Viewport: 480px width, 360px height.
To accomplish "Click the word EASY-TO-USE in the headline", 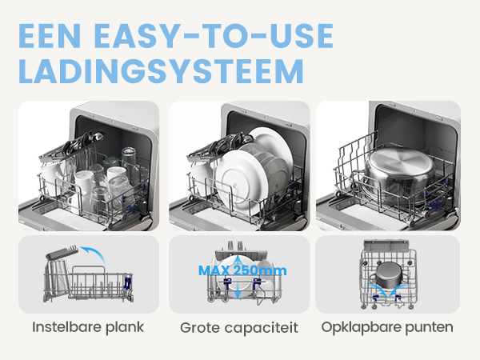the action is click(214, 36).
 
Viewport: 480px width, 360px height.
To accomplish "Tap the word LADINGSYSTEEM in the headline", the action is click(161, 71).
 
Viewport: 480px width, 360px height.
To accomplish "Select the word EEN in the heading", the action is click(50, 36).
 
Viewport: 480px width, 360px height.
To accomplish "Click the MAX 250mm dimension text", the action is click(242, 270).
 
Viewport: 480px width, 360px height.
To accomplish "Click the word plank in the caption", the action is click(125, 327).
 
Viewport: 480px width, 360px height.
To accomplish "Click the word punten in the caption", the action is click(429, 327).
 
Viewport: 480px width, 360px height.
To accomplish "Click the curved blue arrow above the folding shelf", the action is click(94, 253).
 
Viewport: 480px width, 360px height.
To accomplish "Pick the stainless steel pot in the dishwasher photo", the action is click(399, 174).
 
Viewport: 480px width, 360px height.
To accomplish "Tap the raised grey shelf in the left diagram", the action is click(62, 253).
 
